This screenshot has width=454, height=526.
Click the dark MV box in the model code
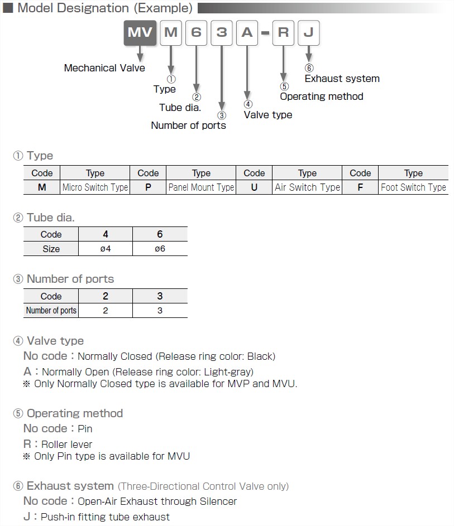[x=140, y=32]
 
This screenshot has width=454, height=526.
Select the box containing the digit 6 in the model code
[x=196, y=32]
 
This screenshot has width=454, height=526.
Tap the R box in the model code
[x=284, y=32]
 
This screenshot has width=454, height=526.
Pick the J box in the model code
[x=309, y=32]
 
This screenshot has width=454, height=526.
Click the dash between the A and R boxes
[x=265, y=33]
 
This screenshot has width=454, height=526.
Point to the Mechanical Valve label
[x=104, y=68]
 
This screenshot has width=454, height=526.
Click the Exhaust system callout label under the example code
[x=342, y=79]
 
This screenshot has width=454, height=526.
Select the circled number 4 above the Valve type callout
[x=248, y=104]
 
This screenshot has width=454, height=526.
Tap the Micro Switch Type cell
[x=95, y=187]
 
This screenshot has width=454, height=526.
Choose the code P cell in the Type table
[x=148, y=187]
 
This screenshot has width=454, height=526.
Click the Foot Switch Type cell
[x=413, y=187]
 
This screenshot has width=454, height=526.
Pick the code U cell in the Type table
[x=254, y=187]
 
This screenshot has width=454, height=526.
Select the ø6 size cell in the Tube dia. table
[x=160, y=249]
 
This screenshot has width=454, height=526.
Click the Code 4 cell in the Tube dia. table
[x=106, y=234]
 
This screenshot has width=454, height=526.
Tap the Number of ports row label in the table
[x=51, y=311]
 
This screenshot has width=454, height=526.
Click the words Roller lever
[x=66, y=445]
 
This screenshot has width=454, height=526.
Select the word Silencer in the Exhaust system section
[x=218, y=501]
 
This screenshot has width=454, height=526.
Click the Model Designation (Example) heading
[x=105, y=8]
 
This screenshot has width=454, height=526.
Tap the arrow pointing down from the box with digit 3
[x=222, y=78]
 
